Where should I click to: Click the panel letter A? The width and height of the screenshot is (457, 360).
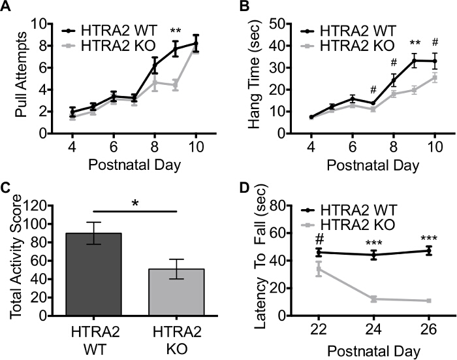pyautogui.click(x=8, y=8)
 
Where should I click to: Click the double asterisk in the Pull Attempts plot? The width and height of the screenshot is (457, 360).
pyautogui.click(x=175, y=31)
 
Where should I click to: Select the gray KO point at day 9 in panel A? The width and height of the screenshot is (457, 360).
pyautogui.click(x=175, y=85)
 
